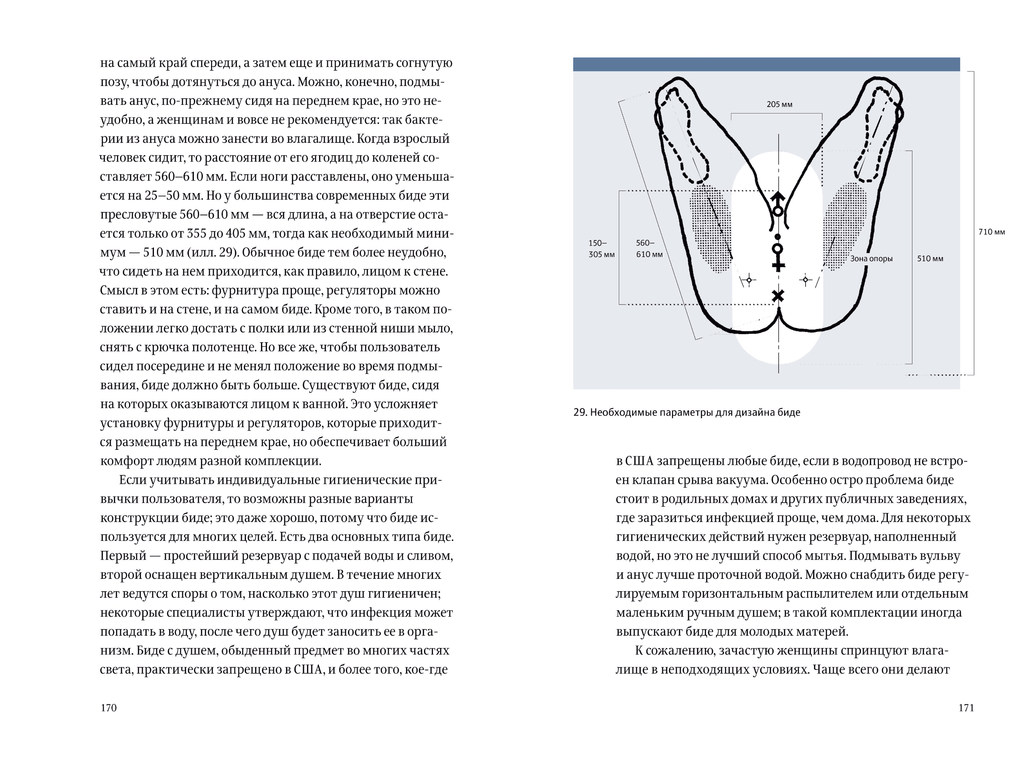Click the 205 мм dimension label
(779, 104)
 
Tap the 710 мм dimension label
(992, 232)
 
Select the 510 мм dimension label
(930, 258)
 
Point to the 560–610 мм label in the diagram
(649, 249)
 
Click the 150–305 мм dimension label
(601, 249)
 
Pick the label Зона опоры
(871, 258)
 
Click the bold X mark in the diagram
(778, 296)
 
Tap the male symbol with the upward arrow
(778, 203)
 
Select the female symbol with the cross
(778, 257)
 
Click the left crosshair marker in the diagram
(749, 280)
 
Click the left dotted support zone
(710, 229)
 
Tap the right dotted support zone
(845, 226)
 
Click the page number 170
(108, 708)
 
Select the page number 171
(966, 708)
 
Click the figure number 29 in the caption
(580, 412)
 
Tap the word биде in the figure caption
(791, 412)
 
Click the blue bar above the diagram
(766, 64)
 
